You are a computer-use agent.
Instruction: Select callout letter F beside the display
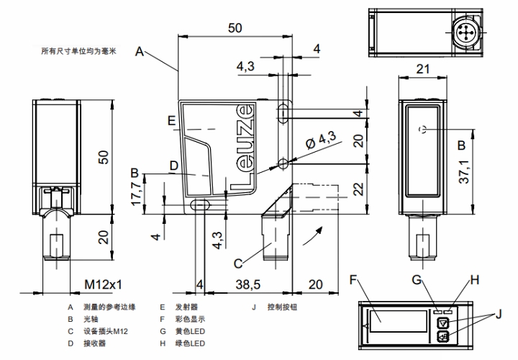tap(353, 279)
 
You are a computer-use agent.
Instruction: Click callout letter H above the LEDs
tap(473, 279)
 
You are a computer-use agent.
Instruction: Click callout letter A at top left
tap(139, 50)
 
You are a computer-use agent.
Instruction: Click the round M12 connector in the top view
tap(465, 31)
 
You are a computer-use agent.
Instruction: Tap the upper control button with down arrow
tap(444, 323)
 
